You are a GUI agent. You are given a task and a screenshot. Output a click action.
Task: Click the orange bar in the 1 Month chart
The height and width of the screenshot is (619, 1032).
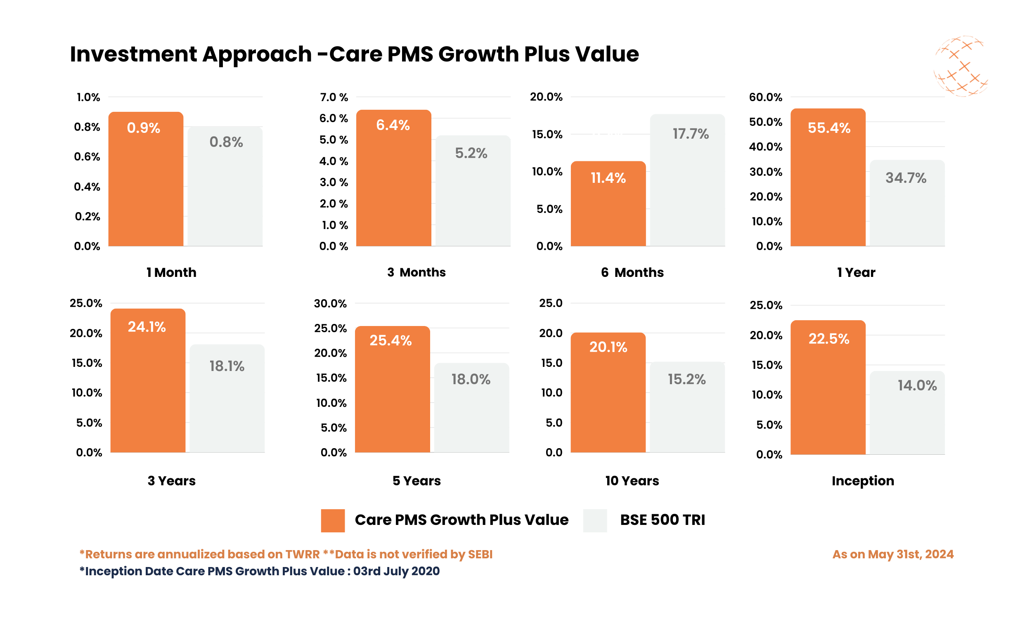click(x=146, y=188)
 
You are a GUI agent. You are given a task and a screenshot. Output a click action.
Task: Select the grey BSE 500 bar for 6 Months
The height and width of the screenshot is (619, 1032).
click(x=687, y=188)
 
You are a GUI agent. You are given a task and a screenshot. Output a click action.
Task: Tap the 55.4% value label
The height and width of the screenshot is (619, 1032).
click(x=828, y=128)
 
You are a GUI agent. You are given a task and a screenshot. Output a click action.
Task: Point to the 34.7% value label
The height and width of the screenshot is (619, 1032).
click(x=906, y=178)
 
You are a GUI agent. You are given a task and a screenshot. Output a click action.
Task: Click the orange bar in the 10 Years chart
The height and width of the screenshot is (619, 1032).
click(x=608, y=400)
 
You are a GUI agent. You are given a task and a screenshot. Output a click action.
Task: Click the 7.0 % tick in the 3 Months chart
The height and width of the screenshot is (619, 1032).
click(x=333, y=97)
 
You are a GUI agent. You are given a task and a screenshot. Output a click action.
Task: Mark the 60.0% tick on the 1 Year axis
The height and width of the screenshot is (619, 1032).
click(x=765, y=97)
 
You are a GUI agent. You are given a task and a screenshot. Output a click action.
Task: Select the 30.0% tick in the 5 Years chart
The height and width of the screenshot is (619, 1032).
click(x=330, y=303)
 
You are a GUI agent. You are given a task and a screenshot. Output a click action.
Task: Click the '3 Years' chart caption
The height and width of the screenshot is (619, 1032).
click(x=171, y=480)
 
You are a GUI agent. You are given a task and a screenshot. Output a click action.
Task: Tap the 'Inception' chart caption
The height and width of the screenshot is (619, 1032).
click(x=862, y=480)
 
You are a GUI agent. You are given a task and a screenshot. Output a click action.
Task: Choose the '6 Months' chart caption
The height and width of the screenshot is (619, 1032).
click(x=632, y=272)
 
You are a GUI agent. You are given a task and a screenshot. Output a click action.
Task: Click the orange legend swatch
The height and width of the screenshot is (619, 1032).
click(x=332, y=520)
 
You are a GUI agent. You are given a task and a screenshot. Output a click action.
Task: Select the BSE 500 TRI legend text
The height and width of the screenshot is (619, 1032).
click(x=662, y=520)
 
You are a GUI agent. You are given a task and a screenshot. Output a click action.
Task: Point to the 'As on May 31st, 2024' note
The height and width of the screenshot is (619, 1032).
click(x=892, y=554)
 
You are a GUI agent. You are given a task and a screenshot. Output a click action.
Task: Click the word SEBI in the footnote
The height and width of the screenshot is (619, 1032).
click(x=480, y=554)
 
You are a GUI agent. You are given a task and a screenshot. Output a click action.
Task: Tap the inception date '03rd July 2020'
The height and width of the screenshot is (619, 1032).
click(x=396, y=571)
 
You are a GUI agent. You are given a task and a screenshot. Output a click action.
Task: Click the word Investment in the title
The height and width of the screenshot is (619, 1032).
click(x=133, y=54)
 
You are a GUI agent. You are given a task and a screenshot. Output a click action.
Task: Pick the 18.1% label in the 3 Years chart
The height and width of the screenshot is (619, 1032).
click(x=227, y=366)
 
